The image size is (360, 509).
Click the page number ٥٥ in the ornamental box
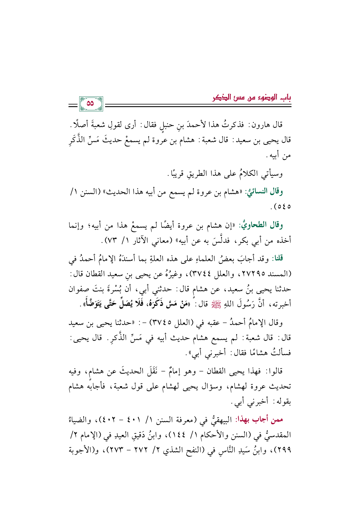(x=91, y=103)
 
